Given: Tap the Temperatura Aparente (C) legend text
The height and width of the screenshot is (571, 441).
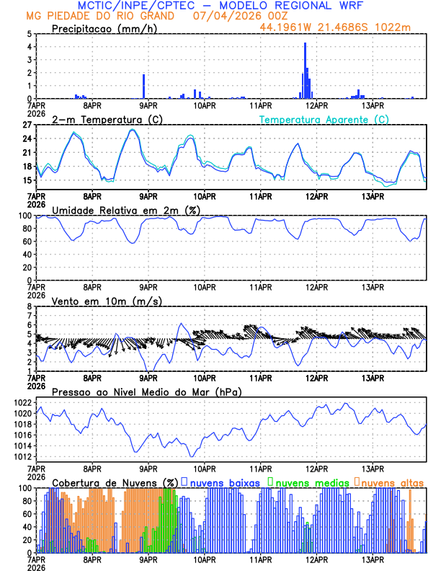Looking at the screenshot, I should click(324, 119).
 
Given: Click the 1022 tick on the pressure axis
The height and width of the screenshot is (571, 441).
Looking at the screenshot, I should click(23, 402).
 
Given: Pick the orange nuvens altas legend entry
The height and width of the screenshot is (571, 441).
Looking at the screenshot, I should click(390, 482).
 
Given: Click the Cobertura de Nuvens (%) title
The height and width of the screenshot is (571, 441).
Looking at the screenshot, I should click(115, 482).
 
